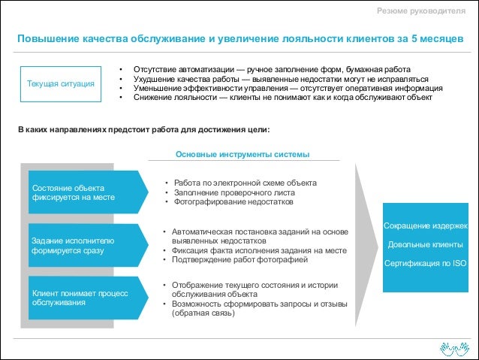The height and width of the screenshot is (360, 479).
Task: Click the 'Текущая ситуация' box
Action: pos(61,83)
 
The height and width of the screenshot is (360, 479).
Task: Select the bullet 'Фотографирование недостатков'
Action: pos(233,202)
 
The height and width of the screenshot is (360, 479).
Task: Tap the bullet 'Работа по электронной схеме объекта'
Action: pos(245,183)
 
